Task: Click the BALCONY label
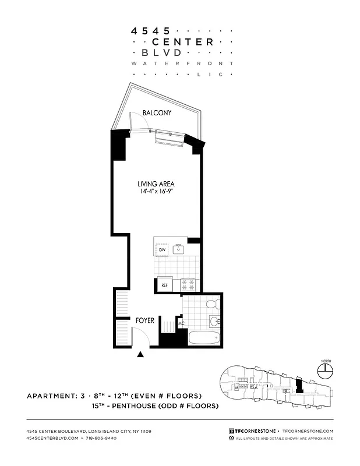(x=157, y=113)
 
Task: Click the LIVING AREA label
(x=157, y=184)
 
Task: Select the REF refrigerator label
(x=164, y=285)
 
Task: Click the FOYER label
(x=145, y=320)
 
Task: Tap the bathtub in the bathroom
(x=204, y=337)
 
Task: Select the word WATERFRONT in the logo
(x=182, y=63)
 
